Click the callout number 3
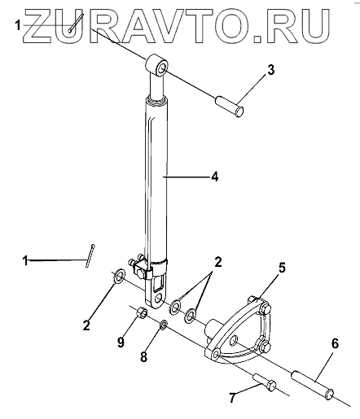[270, 70]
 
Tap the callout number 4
[215, 177]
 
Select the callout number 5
[282, 268]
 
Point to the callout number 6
[335, 343]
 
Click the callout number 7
[232, 399]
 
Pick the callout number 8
[143, 356]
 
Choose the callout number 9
[121, 343]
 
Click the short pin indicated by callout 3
[230, 107]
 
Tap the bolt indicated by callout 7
[265, 382]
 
